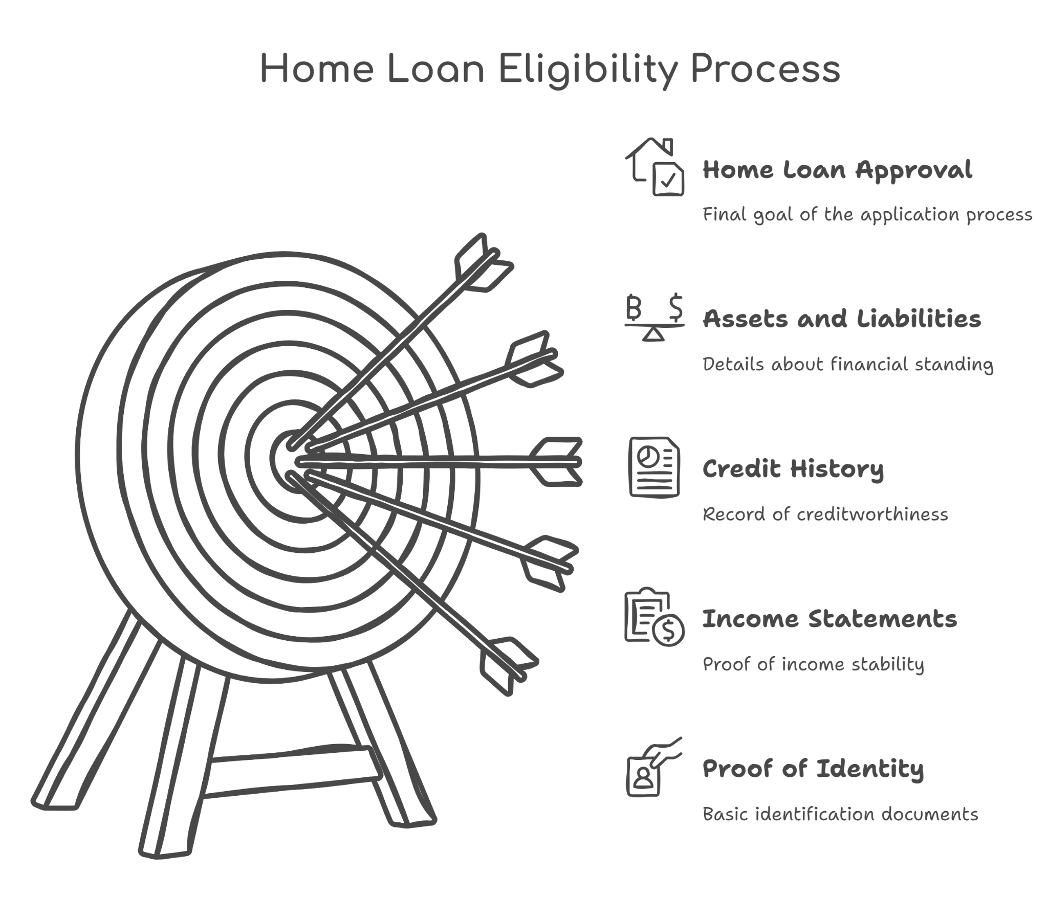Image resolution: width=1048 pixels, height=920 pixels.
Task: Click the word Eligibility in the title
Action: [x=588, y=69]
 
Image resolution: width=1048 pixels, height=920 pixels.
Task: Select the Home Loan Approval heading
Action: [x=837, y=170]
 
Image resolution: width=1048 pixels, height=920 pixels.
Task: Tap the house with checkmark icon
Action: [x=654, y=167]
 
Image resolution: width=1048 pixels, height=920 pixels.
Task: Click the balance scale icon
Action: [x=654, y=317]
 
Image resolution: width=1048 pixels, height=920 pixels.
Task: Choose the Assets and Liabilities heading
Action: [x=841, y=318]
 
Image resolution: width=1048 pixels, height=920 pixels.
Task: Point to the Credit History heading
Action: [x=793, y=469]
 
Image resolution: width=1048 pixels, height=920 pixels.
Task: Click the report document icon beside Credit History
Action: [x=654, y=467]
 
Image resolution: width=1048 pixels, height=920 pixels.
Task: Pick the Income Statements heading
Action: [x=829, y=619]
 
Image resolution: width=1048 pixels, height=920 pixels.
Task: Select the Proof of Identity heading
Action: [x=813, y=769]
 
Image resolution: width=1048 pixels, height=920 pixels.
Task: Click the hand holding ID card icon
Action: [x=654, y=767]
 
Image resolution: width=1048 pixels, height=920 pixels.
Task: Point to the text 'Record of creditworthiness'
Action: [x=825, y=514]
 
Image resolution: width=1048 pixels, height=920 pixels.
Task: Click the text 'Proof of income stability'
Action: [x=813, y=664]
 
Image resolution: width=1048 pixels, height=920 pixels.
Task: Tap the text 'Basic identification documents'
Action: [x=840, y=815]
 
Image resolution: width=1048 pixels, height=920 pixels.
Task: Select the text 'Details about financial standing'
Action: [x=847, y=365]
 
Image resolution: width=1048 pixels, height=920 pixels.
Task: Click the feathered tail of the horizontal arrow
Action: [x=556, y=462]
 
